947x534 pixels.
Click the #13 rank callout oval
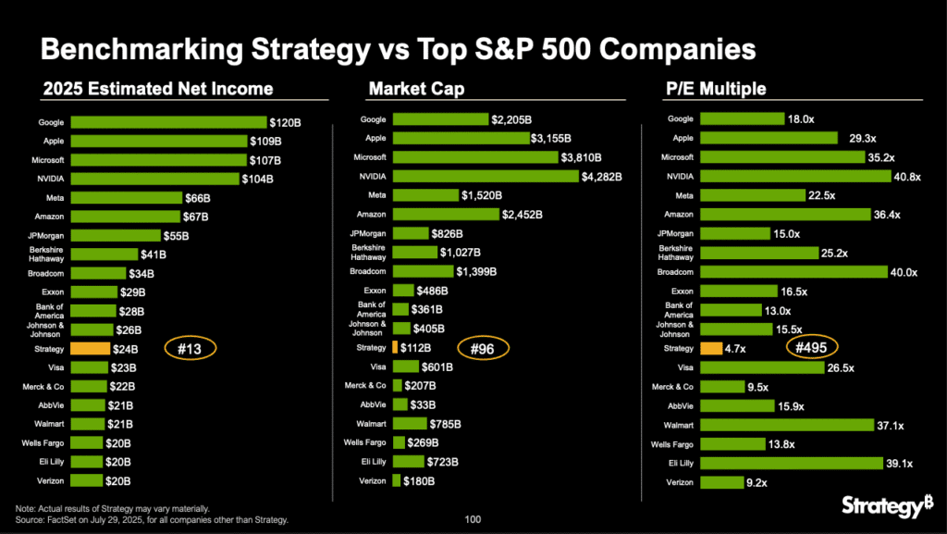(x=190, y=349)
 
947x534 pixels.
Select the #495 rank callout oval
(x=812, y=348)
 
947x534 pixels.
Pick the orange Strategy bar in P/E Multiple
(x=711, y=349)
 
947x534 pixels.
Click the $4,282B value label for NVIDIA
(x=601, y=177)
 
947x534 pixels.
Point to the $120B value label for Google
(x=285, y=121)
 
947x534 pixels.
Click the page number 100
(x=473, y=520)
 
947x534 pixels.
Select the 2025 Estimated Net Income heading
(x=158, y=89)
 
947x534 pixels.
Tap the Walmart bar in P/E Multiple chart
(x=787, y=425)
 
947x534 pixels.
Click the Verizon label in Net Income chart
(x=50, y=481)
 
